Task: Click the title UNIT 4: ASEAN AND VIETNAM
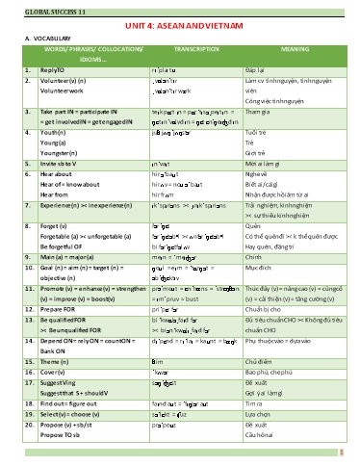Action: pos(180,26)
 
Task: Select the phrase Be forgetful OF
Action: pos(64,245)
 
